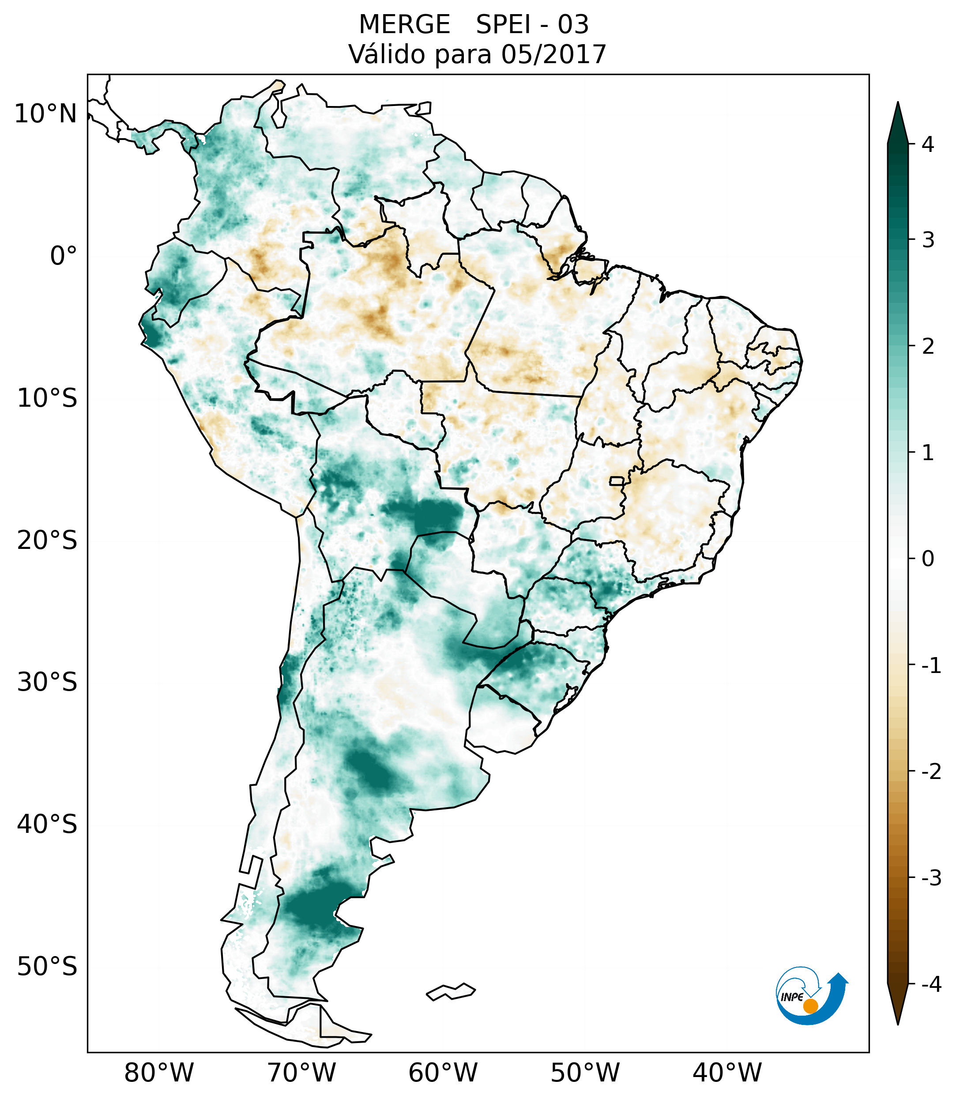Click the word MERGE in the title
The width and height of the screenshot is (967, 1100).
click(x=404, y=25)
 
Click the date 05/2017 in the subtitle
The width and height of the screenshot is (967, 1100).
click(x=553, y=54)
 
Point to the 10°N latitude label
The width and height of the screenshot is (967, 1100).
click(x=46, y=114)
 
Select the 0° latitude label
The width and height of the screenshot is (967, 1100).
click(x=64, y=256)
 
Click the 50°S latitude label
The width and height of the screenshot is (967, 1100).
click(x=47, y=967)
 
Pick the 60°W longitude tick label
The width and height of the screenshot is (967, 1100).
click(x=443, y=1073)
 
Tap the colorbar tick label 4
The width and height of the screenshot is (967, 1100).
click(x=928, y=144)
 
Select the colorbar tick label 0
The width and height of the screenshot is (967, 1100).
click(x=928, y=559)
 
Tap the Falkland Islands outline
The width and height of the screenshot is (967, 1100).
click(x=451, y=991)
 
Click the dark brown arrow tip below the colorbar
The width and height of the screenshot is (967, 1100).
click(x=898, y=1005)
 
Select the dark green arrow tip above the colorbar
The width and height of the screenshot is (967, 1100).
click(x=898, y=121)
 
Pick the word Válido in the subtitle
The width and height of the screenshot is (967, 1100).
click(x=387, y=54)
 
